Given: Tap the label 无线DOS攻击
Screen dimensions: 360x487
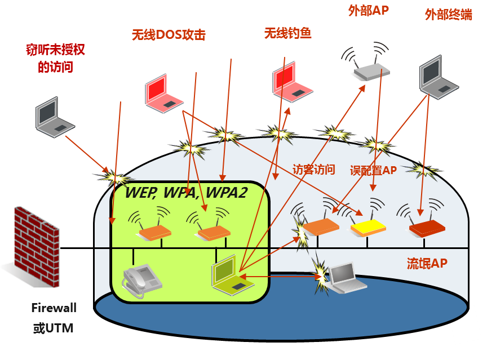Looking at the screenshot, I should tap(168, 35).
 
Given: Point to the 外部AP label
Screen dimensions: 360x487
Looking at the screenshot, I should tap(368, 11).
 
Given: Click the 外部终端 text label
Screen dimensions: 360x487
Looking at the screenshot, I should tap(448, 15).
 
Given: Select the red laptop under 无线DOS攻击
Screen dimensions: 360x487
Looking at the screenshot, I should tap(163, 94).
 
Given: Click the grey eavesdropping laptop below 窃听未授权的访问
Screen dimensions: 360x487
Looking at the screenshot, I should tap(54, 119).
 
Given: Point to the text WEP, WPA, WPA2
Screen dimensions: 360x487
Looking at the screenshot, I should tap(186, 192).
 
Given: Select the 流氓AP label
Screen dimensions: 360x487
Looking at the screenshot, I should tap(427, 264).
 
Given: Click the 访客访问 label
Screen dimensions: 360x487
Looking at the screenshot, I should tap(314, 170).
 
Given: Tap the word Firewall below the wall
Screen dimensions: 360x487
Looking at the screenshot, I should tap(54, 308).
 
